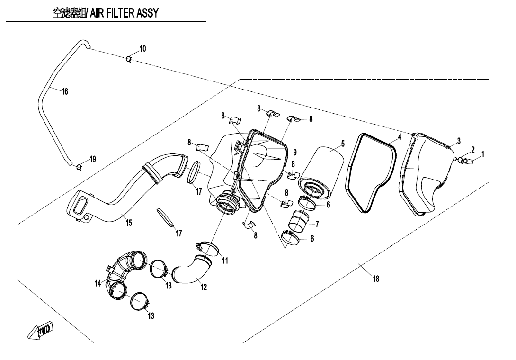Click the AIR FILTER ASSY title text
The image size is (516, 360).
point(106,13)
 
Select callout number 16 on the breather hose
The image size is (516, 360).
point(65,91)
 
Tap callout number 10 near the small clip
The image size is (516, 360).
point(142,49)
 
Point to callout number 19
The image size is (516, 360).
point(93,159)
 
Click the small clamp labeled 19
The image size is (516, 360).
point(79,166)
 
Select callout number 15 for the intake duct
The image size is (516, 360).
point(129,223)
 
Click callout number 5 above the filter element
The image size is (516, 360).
point(343,144)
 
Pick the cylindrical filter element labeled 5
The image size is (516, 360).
point(323,171)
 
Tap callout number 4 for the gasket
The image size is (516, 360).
point(400,137)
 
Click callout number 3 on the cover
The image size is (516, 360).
point(459,141)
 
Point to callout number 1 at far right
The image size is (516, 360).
point(482,154)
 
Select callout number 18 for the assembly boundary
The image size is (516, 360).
point(376,279)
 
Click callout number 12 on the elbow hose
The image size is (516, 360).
point(204,287)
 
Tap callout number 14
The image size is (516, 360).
point(98,283)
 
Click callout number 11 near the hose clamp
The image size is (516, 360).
point(225,261)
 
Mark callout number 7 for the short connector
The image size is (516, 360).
point(317,224)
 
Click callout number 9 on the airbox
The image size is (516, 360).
point(294,152)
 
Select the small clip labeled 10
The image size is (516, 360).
point(128,59)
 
